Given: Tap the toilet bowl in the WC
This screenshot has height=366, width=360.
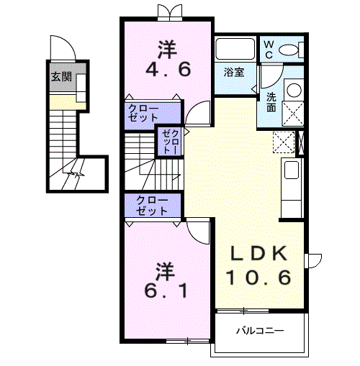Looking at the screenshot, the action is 288,50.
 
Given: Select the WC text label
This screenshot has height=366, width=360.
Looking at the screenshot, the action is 269,50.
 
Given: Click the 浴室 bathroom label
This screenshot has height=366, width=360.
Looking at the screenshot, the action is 234,72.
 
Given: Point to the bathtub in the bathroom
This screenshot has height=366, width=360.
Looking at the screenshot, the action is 235,49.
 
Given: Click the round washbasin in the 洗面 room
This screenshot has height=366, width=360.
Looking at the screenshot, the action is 294,90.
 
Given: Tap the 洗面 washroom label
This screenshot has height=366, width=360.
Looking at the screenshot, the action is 271,102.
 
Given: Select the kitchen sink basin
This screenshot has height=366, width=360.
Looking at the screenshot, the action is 291,170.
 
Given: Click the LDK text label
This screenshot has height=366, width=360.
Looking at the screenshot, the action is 259,254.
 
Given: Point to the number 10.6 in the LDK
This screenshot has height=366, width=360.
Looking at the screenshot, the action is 259,278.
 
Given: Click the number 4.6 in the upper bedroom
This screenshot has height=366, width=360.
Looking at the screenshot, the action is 168,69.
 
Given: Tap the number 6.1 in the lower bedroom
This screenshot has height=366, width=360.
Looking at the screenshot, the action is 166,290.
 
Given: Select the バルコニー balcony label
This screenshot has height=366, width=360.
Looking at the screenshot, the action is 260,331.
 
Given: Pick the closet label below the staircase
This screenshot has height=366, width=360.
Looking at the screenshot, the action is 152,206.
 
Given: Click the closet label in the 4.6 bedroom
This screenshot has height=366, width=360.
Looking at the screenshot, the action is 143,113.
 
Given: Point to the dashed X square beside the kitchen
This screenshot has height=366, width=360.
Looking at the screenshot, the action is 284,142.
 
